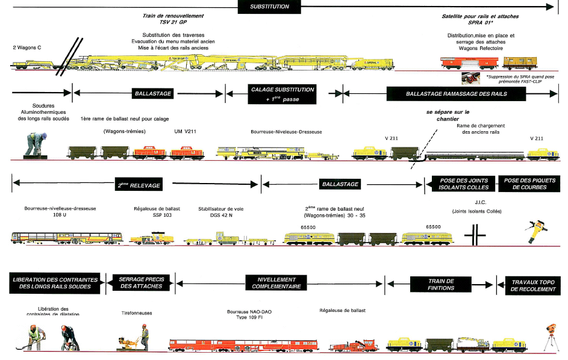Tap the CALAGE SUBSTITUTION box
click(274, 94)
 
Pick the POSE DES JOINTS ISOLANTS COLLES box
click(461, 184)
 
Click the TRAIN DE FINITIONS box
click(441, 284)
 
